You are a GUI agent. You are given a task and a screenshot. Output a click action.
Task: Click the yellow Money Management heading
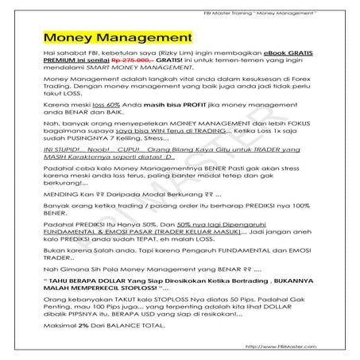[118, 37]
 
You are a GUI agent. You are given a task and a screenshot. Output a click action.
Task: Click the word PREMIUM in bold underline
[61, 69]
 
